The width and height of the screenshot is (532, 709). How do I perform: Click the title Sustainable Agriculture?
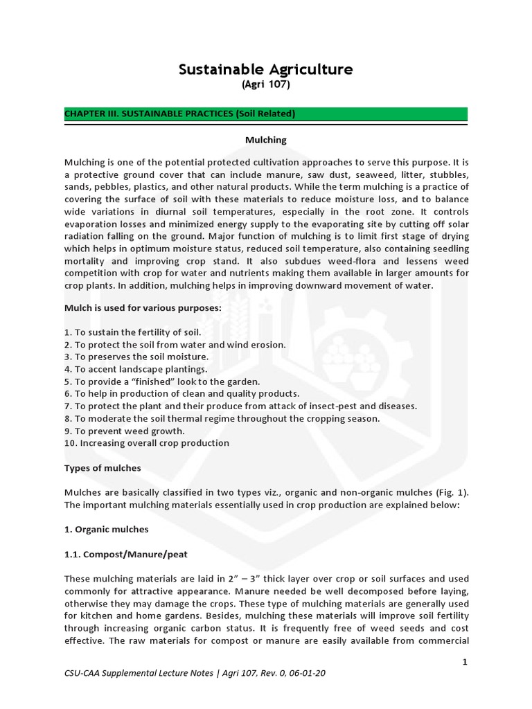tap(266, 69)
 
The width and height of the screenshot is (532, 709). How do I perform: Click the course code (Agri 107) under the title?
tap(266, 84)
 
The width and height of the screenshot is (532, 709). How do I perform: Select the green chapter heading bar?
tap(266, 114)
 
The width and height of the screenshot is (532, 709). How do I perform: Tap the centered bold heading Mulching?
tap(266, 140)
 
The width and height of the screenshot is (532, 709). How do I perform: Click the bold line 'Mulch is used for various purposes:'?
tap(143, 308)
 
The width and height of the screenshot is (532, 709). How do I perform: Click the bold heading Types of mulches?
tap(103, 468)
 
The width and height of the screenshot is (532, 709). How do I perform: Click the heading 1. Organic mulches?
tap(106, 529)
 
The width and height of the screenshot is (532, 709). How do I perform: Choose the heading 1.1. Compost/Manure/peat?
tap(125, 554)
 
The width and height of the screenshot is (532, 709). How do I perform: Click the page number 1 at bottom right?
tap(465, 662)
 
